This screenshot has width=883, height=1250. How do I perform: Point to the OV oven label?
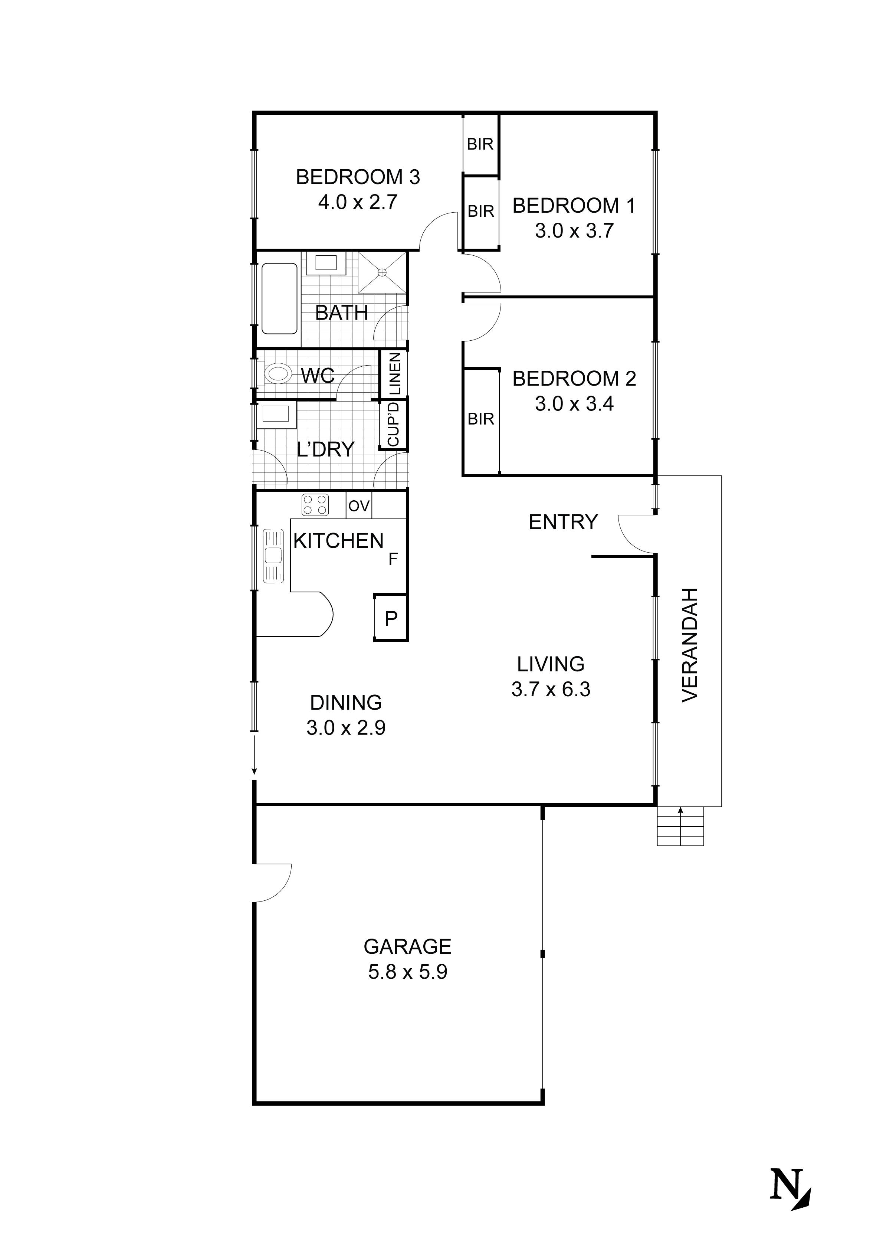click(x=359, y=506)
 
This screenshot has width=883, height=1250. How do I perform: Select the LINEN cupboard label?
click(x=395, y=373)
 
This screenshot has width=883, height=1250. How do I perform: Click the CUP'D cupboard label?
click(x=393, y=424)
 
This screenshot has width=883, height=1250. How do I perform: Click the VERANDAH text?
click(x=690, y=645)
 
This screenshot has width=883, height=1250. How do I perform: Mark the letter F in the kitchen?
click(x=393, y=559)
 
